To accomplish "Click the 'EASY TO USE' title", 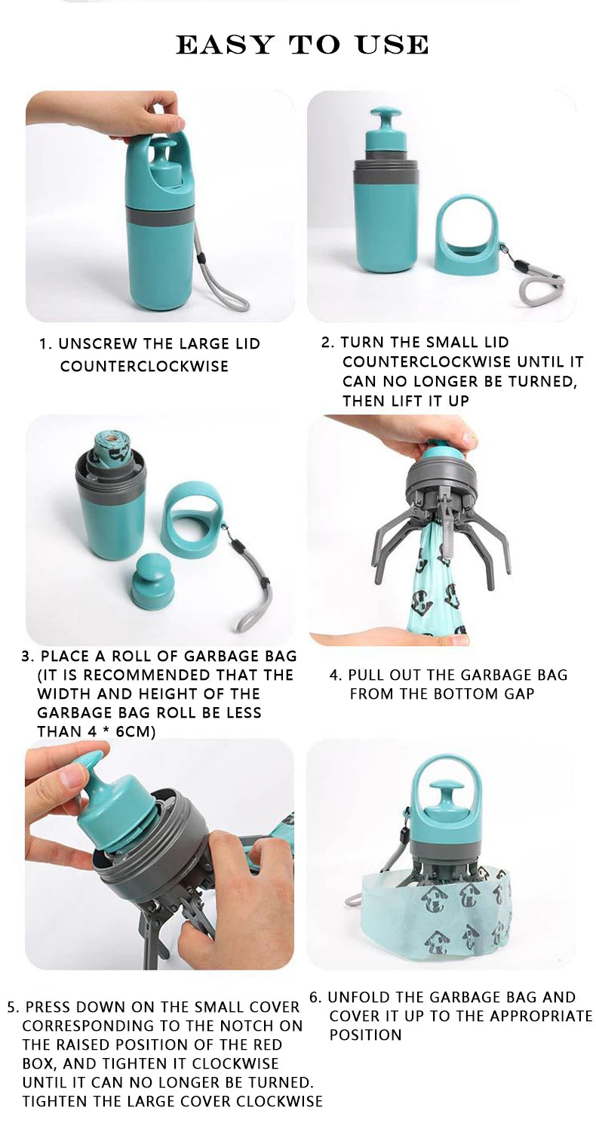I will tap(302, 45).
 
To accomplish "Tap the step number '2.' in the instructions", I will tap(327, 343).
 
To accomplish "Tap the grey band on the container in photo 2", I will tap(386, 172).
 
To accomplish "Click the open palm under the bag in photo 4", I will tap(392, 638).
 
